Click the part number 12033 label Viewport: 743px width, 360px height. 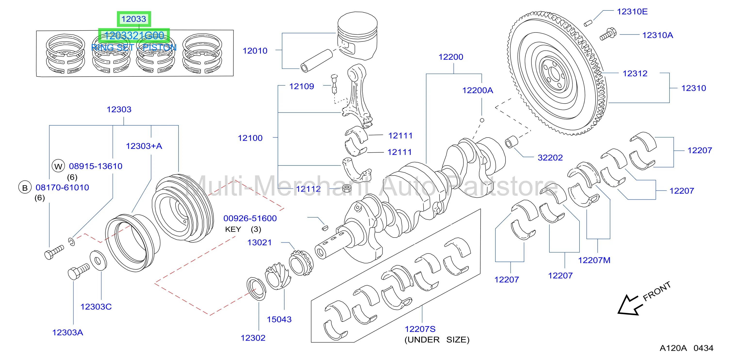coord(134,19)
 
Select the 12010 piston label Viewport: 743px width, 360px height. coord(255,51)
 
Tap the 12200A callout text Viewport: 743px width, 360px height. coord(478,90)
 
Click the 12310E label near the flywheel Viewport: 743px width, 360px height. coord(632,12)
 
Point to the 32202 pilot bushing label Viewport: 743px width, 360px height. coord(550,157)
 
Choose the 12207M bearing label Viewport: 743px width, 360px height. coord(594,260)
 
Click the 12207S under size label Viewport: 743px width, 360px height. coord(420,329)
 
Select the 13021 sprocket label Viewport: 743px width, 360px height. coord(260,242)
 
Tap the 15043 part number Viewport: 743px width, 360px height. coord(279,319)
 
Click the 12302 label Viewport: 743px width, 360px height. coord(253,338)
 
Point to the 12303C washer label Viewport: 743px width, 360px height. coord(96,307)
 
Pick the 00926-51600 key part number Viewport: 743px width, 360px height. coord(250,218)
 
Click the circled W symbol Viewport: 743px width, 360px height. coord(58,166)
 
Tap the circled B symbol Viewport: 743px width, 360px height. coord(25,188)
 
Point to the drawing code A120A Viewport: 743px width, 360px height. coord(673,348)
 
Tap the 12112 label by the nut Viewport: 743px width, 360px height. coord(308,189)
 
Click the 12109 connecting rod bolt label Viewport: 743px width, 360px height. coord(302,86)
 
